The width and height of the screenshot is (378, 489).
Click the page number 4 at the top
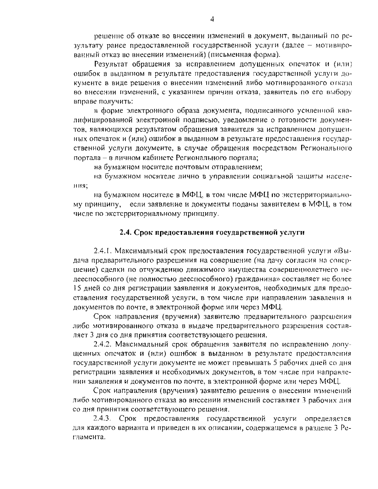[212, 20]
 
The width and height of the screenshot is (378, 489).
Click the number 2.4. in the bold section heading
[126, 232]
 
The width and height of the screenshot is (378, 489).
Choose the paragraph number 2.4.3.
[103, 419]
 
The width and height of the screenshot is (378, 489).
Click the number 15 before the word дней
[77, 288]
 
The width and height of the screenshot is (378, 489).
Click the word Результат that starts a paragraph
[113, 64]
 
